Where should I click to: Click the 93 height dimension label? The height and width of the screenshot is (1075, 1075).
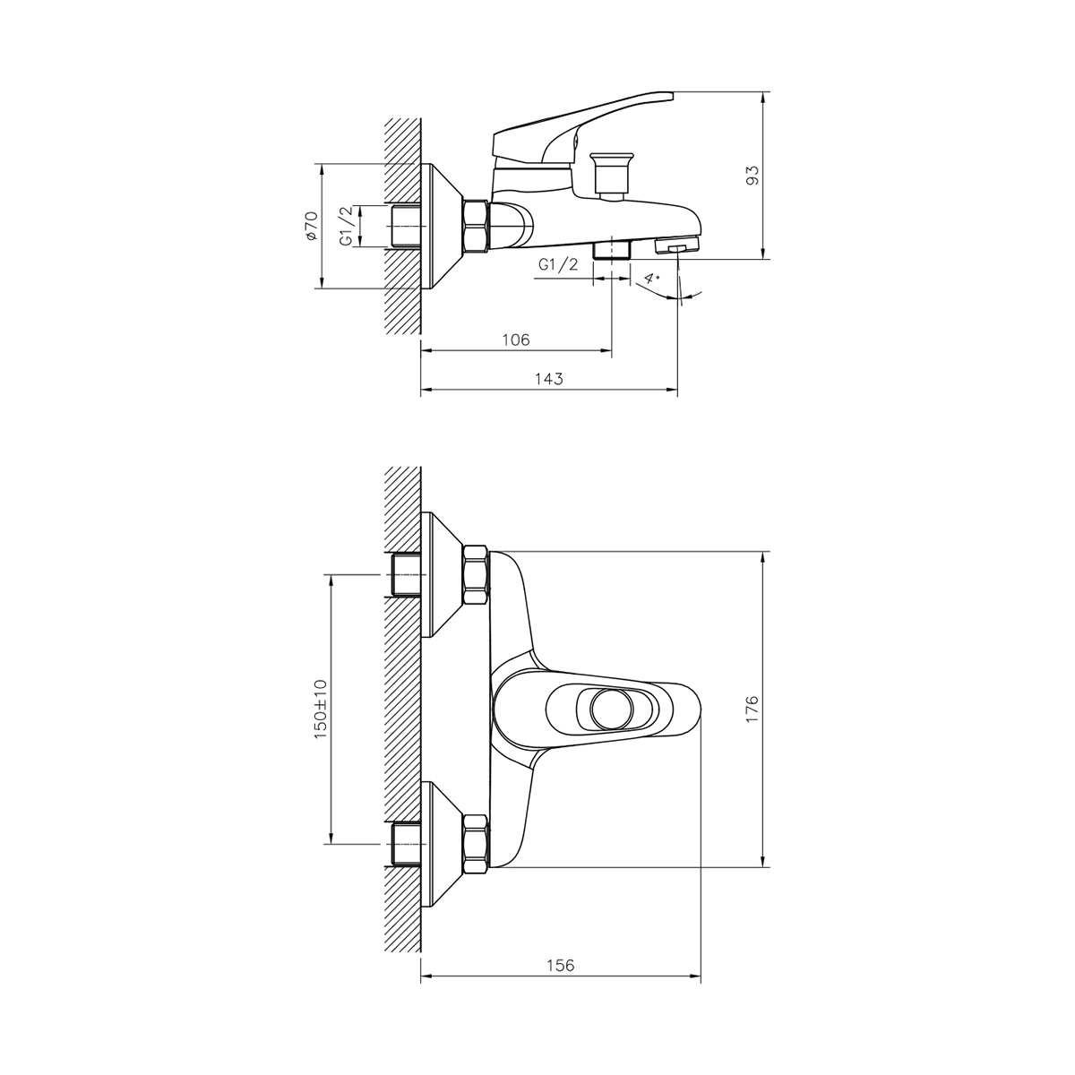752,176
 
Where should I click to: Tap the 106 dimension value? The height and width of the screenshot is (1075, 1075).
516,340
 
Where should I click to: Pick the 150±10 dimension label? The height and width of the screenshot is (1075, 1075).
320,708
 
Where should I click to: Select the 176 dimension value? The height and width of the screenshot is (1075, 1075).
752,708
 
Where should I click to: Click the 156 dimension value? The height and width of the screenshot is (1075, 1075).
560,965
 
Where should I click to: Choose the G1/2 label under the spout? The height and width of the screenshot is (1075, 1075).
559,264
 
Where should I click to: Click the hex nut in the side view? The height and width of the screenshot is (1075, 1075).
475,226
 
